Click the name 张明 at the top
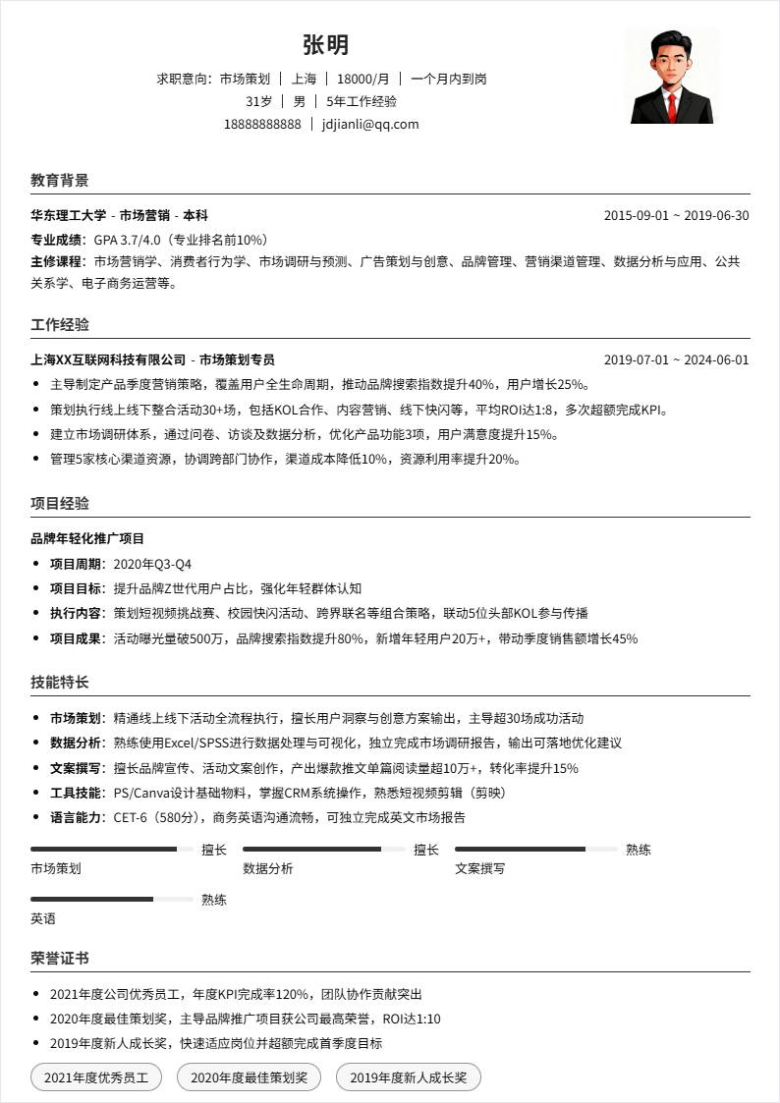click(325, 45)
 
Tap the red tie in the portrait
click(672, 106)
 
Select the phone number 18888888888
click(262, 124)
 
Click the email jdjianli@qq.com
click(370, 124)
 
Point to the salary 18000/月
click(362, 79)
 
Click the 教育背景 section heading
click(60, 181)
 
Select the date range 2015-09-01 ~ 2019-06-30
click(676, 216)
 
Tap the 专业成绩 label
click(58, 240)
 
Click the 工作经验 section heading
click(60, 325)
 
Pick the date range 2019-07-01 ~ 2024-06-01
click(676, 360)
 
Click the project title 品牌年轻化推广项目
click(87, 539)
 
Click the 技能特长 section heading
click(60, 683)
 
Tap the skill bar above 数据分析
click(324, 850)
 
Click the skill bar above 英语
click(112, 899)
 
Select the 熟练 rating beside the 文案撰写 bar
click(639, 850)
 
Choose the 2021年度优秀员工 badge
click(96, 1077)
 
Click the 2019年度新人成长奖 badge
click(408, 1077)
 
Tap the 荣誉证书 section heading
click(60, 959)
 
